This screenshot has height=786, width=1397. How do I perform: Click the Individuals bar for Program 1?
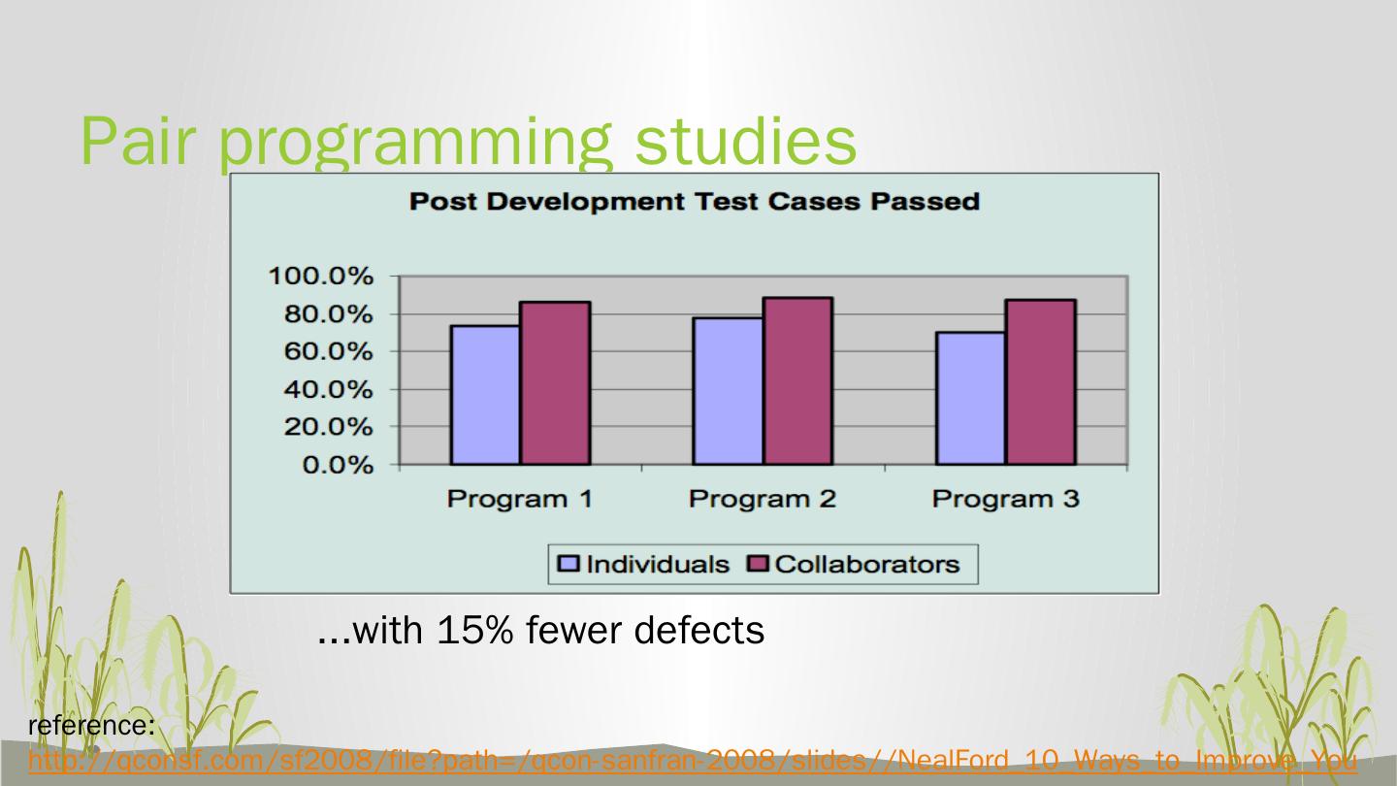[485, 395]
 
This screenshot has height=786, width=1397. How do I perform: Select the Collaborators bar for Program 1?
[555, 383]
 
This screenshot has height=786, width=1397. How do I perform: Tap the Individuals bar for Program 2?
[728, 391]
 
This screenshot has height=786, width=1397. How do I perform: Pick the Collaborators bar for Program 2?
[797, 381]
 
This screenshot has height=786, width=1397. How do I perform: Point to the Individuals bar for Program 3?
[971, 398]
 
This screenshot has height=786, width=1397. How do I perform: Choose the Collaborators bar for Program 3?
[1041, 382]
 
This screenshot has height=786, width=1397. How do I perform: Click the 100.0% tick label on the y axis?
[319, 277]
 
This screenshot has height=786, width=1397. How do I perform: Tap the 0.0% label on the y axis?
[335, 466]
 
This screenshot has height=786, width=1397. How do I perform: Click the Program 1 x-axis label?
[519, 500]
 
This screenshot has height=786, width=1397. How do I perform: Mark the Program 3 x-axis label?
[1005, 500]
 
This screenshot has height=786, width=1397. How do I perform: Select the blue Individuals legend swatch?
[569, 564]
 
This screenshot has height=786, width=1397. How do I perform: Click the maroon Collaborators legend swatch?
[757, 564]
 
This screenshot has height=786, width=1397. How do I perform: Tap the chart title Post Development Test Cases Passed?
[694, 202]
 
